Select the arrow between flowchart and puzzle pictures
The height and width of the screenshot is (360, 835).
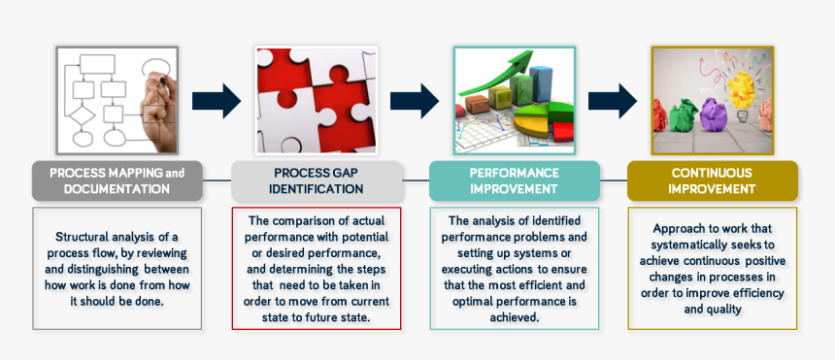[x=216, y=100]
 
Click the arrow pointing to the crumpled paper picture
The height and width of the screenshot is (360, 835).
[x=613, y=100]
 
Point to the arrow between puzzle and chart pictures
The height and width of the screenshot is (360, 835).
[x=415, y=100]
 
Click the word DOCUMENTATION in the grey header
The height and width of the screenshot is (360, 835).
[x=117, y=188]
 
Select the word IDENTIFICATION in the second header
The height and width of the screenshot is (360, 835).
[x=317, y=188]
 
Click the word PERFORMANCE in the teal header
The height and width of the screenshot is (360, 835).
[x=514, y=173]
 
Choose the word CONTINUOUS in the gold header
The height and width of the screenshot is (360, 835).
[x=712, y=173]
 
